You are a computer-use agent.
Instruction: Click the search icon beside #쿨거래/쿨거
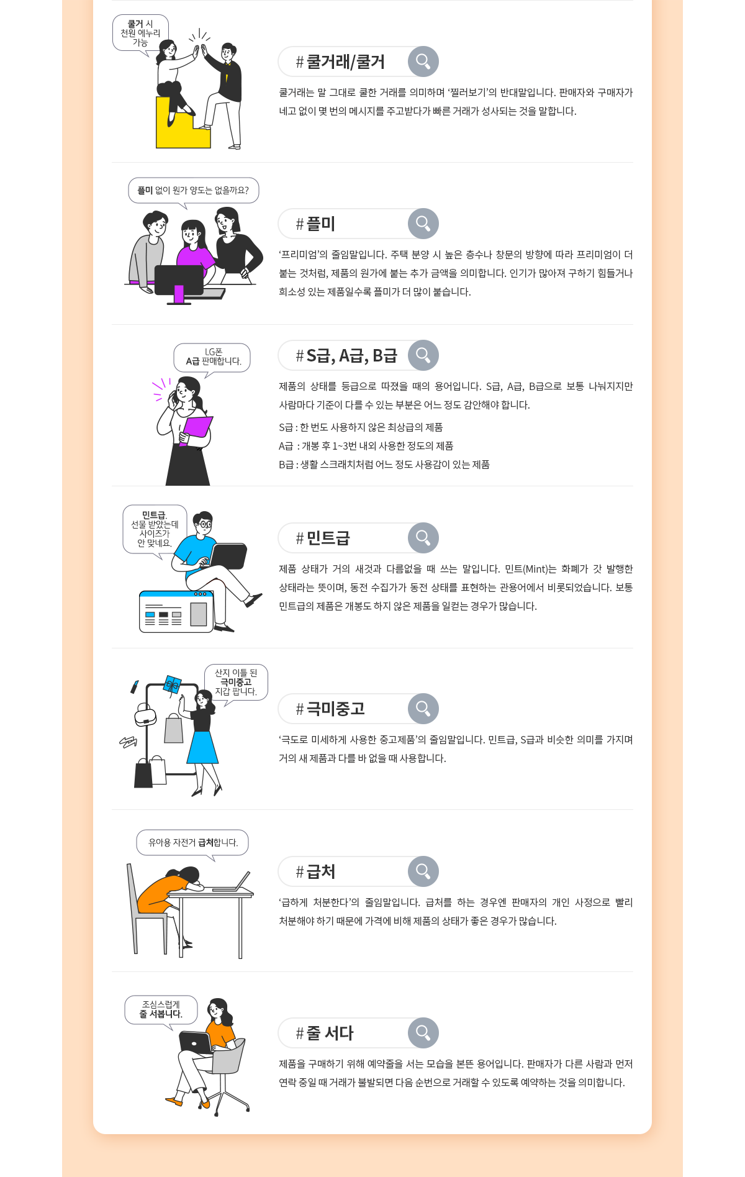(x=423, y=61)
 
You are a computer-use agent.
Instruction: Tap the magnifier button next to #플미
(x=423, y=224)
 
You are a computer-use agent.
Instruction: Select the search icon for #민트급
(x=423, y=538)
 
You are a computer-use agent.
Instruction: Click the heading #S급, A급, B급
(x=346, y=355)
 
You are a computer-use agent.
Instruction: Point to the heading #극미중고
(x=330, y=709)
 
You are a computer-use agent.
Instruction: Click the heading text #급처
(x=315, y=871)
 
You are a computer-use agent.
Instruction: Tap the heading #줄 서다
(x=325, y=1033)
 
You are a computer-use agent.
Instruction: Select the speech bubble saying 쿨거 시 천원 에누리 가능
(x=140, y=34)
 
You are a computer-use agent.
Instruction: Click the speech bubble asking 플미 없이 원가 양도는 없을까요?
(x=194, y=191)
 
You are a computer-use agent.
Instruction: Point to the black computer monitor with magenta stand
(x=179, y=283)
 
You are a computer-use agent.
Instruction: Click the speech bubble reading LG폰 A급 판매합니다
(x=213, y=358)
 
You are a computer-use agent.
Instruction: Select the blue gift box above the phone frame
(x=172, y=685)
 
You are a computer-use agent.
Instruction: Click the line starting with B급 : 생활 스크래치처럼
(x=384, y=465)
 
